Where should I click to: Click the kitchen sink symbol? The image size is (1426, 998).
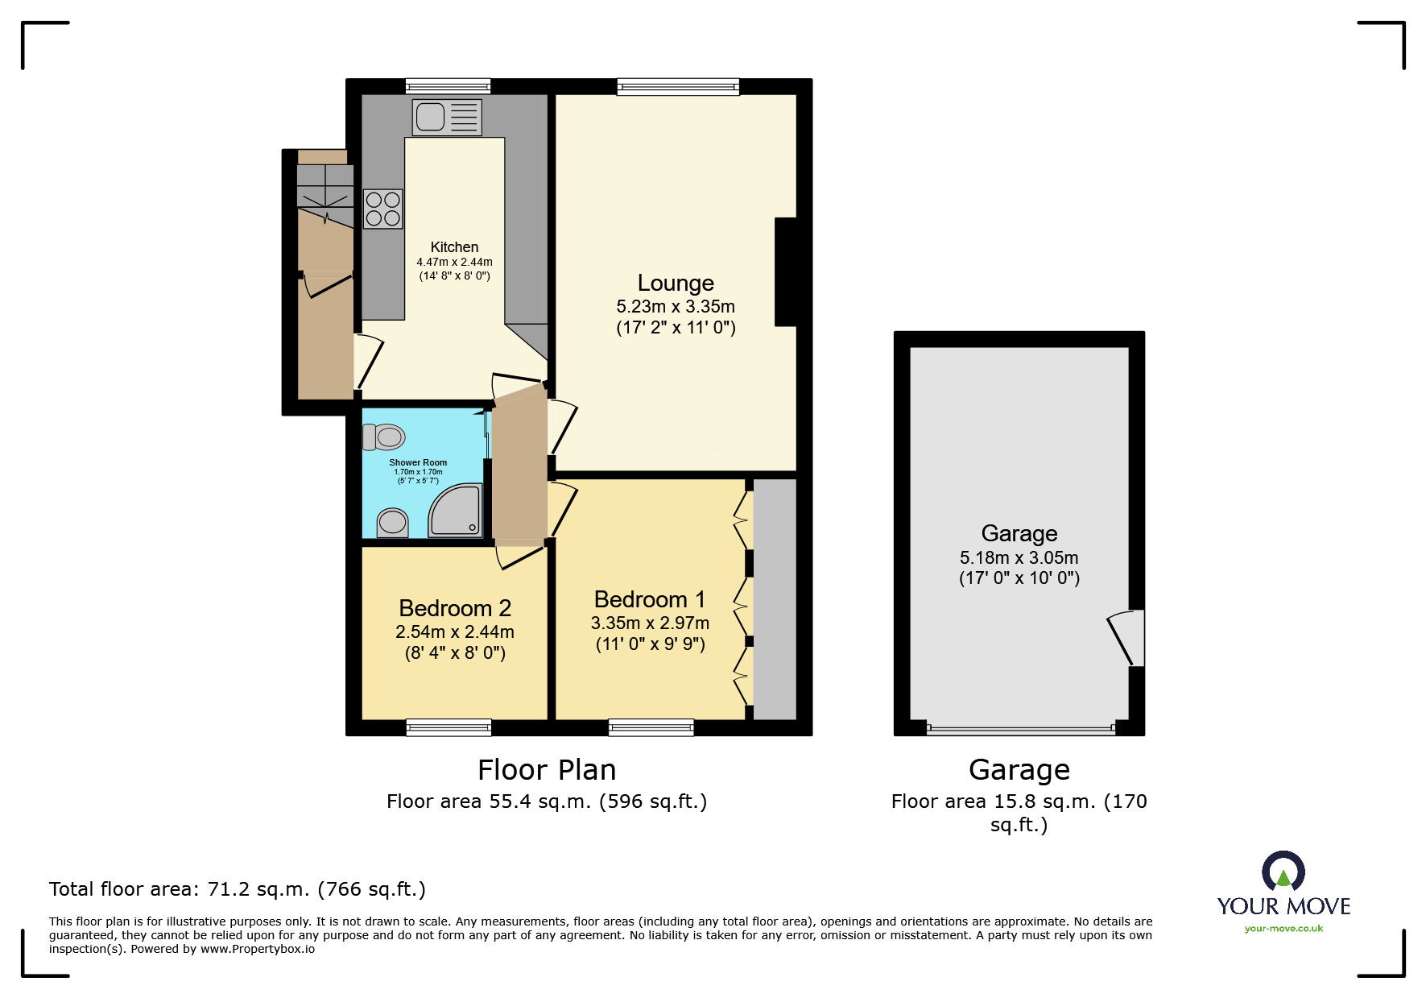(447, 117)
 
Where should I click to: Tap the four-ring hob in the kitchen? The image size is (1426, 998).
(382, 209)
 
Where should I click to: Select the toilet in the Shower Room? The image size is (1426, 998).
(384, 437)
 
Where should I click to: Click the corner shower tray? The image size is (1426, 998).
(457, 511)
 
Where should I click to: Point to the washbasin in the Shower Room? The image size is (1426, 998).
(392, 522)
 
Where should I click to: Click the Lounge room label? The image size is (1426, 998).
(676, 283)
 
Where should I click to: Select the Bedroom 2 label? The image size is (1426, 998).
(455, 608)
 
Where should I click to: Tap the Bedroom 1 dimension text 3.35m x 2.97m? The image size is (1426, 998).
(650, 623)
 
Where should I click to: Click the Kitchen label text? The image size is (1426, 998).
(454, 247)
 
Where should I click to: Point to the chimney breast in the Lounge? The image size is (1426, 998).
(787, 271)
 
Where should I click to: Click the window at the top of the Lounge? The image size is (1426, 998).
(678, 86)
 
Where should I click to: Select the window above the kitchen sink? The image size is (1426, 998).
(448, 85)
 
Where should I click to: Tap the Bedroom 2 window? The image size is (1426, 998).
(448, 727)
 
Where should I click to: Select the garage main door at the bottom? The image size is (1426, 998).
(1020, 729)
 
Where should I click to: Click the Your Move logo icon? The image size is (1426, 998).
(1283, 872)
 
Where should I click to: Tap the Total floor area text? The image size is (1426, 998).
(237, 889)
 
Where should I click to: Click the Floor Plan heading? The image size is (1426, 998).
(547, 770)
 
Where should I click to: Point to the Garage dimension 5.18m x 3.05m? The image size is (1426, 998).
(1019, 557)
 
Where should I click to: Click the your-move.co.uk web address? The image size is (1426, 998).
(1283, 929)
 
